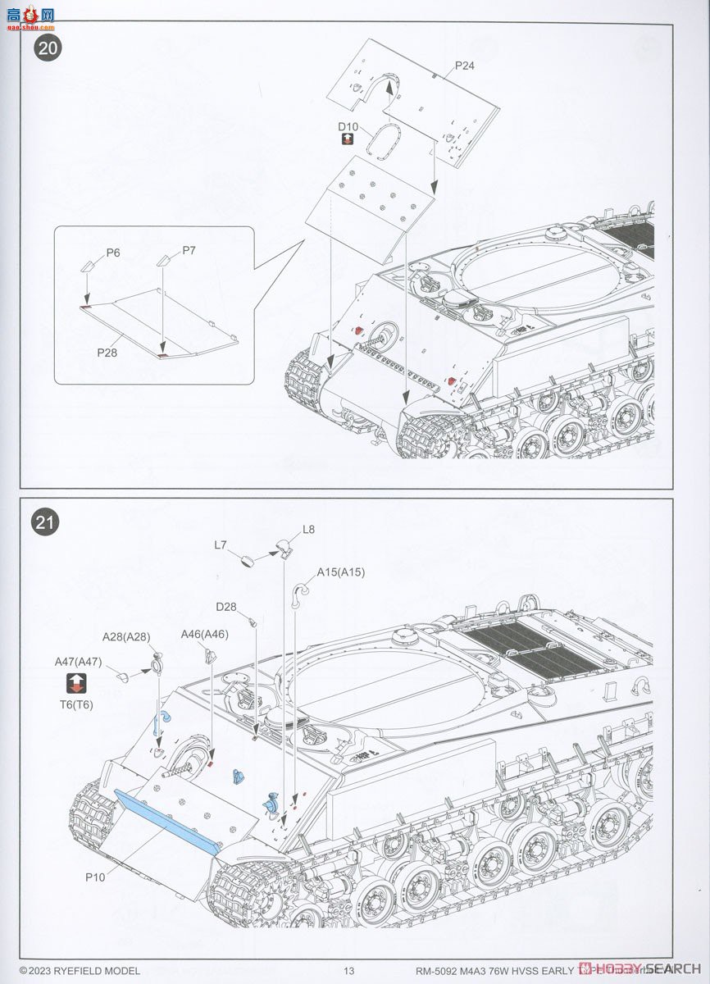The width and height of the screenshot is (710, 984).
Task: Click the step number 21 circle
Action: (48, 523)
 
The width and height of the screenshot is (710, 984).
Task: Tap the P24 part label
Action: (465, 65)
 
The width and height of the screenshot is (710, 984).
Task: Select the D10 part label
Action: (348, 126)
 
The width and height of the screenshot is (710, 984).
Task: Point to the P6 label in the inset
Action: (112, 253)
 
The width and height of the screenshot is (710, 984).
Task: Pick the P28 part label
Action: (107, 352)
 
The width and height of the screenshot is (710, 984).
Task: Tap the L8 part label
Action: (308, 530)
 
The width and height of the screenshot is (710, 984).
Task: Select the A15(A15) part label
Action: (341, 572)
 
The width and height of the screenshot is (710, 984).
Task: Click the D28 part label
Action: (226, 607)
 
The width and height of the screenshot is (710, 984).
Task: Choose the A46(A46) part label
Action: (205, 634)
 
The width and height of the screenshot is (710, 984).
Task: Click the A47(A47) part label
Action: (78, 662)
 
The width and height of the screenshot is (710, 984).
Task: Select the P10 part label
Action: (95, 876)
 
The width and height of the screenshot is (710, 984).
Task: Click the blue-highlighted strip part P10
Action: (164, 820)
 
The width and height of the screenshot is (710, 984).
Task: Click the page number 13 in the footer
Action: (349, 971)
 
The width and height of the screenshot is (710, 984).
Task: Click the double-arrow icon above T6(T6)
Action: (75, 682)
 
